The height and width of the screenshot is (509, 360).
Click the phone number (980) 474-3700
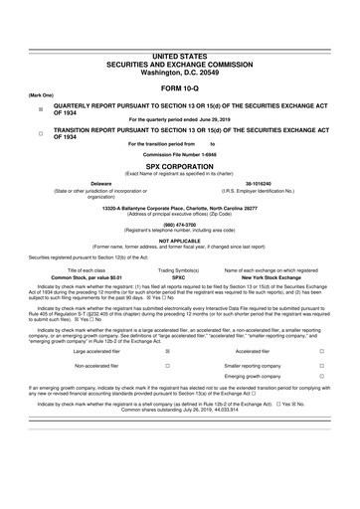coord(179,224)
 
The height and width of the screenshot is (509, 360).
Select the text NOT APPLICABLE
coord(179,240)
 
